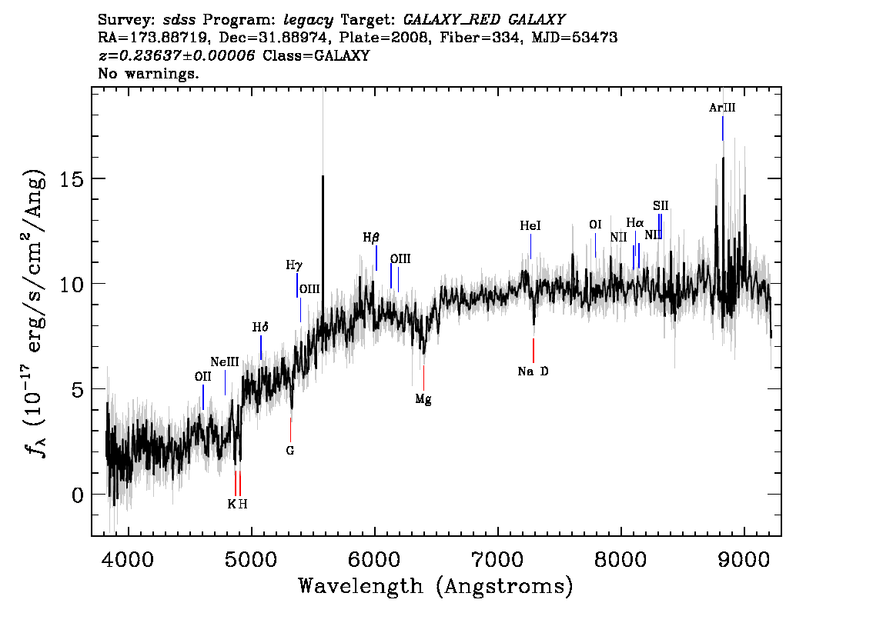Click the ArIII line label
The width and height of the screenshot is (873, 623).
pos(722,108)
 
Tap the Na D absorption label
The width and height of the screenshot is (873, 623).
pos(533,371)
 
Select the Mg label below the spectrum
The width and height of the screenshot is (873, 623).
pos(423,399)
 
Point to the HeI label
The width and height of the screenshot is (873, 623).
pos(530,226)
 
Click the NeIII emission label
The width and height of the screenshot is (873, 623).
pos(225,362)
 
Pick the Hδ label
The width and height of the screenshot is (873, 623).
pos(260,327)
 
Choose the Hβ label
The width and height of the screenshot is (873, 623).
pos(371,238)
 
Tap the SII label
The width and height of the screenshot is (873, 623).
pos(661,206)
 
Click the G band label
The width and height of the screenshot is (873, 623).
pos(290,451)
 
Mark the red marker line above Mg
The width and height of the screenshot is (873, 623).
pos(423,378)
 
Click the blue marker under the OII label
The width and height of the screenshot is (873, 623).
pos(203,397)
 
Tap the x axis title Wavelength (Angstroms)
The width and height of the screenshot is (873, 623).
pos(436,586)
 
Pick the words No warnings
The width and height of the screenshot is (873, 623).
pos(148,73)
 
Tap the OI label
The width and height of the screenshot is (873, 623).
pos(595,225)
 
